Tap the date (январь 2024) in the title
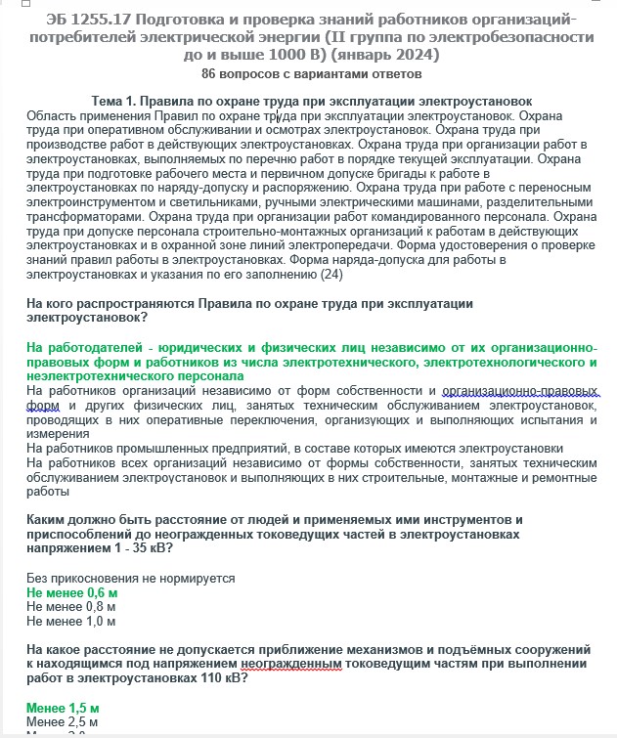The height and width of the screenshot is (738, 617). pos(388,55)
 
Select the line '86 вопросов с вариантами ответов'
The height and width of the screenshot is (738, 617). pos(311,74)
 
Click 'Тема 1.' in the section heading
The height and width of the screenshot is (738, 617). pos(114,102)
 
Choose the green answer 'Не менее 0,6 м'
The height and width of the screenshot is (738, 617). pos(71,593)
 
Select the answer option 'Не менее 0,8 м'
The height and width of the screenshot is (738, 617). pos(70,607)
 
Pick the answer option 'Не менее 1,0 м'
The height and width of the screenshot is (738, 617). pos(70,621)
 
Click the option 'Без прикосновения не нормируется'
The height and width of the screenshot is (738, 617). pos(131,579)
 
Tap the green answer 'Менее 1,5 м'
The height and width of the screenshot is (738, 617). pos(63,707)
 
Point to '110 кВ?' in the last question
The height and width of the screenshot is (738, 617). pos(225,677)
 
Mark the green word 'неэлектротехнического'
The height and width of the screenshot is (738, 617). pos(93,376)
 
